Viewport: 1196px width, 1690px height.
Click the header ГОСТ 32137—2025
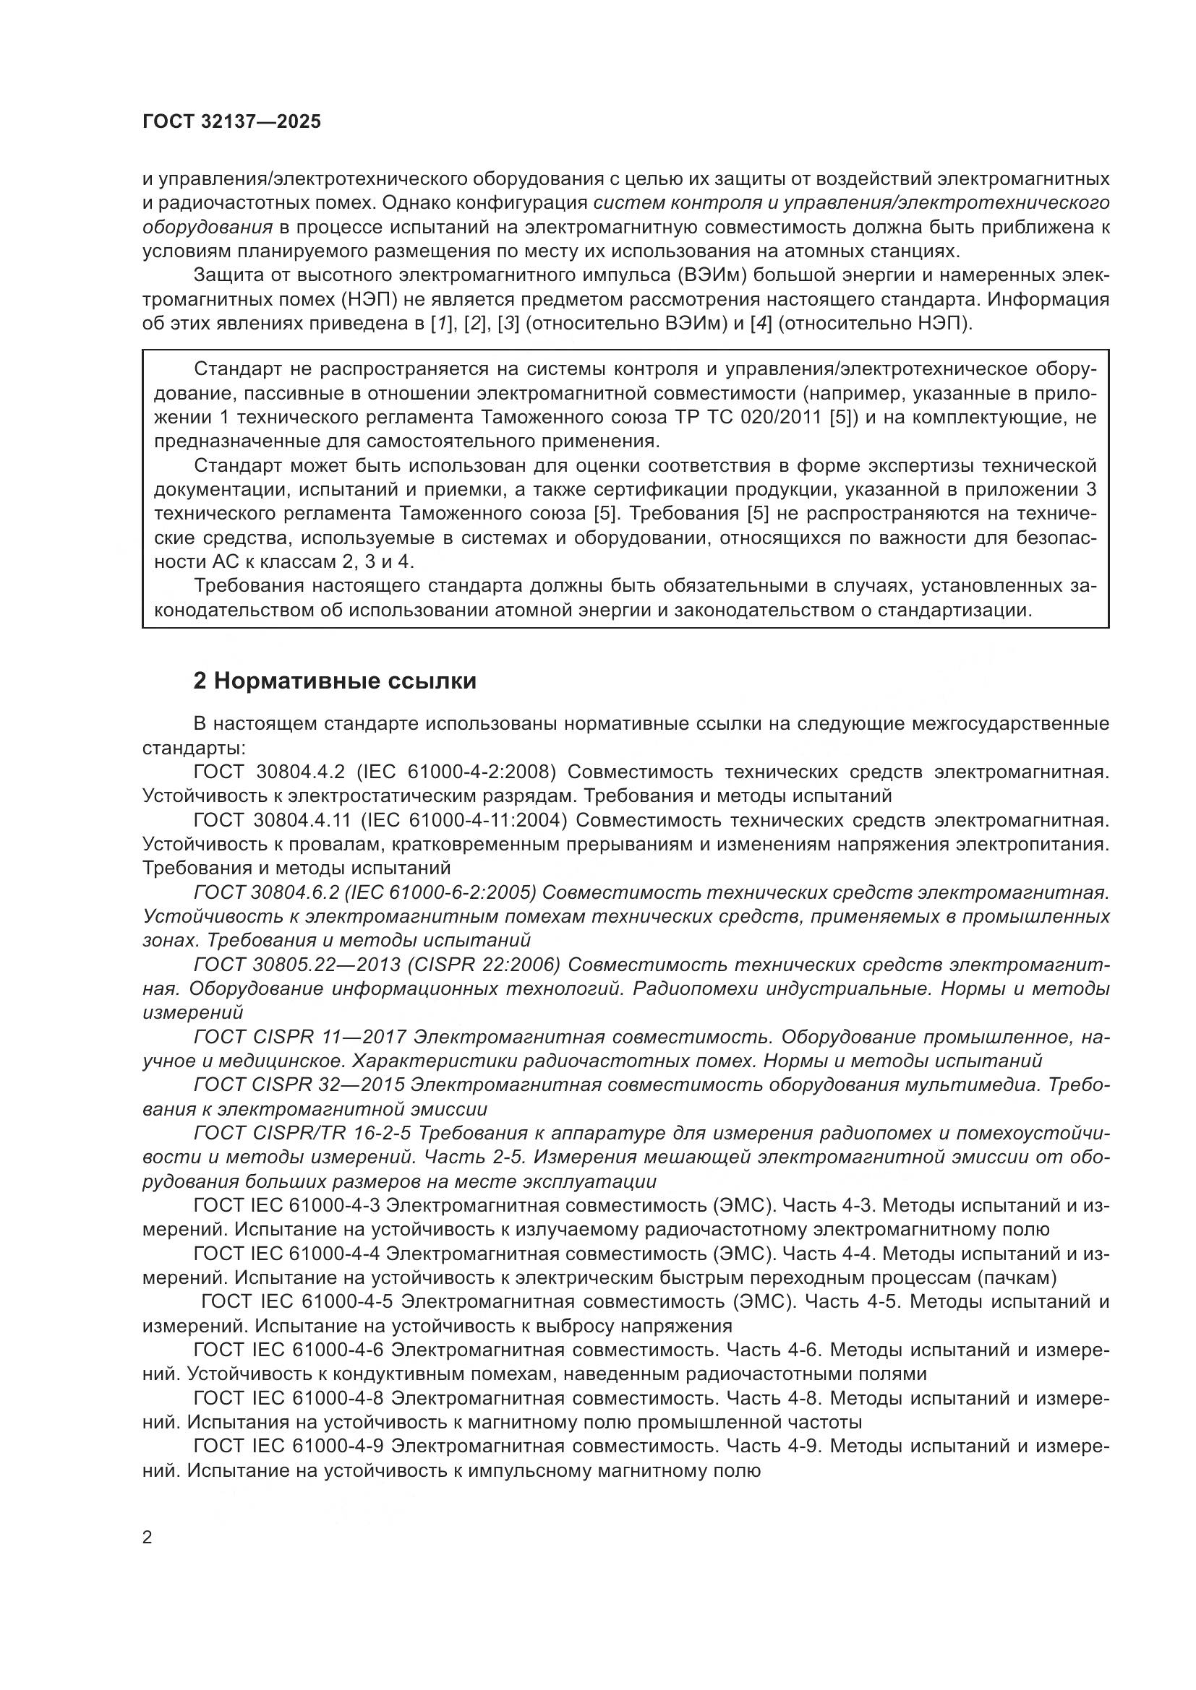pyautogui.click(x=232, y=122)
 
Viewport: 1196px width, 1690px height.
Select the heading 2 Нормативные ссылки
pyautogui.click(x=334, y=681)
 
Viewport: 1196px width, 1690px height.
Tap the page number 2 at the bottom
pyautogui.click(x=148, y=1538)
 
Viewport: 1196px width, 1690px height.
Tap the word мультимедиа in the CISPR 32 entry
pyautogui.click(x=973, y=1086)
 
